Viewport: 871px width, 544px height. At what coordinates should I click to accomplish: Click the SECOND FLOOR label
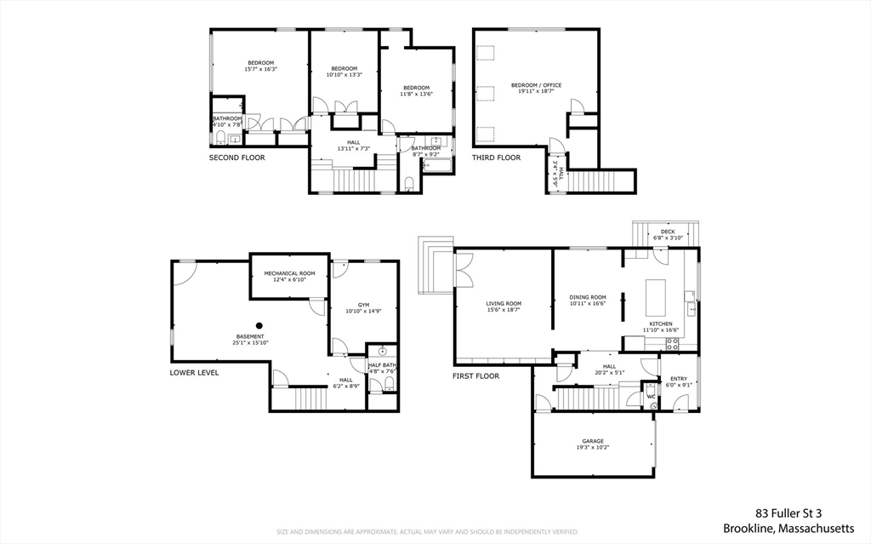[236, 157]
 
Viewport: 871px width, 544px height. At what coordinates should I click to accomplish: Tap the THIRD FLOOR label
[496, 157]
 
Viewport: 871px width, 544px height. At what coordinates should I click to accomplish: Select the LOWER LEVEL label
[194, 372]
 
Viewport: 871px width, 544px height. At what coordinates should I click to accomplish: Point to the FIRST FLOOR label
[475, 375]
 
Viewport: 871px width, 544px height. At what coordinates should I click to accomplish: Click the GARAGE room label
[593, 441]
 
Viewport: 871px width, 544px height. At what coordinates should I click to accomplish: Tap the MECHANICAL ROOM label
[289, 273]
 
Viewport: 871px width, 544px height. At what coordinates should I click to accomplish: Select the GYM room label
[363, 305]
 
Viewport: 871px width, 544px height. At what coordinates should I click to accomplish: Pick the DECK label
[668, 232]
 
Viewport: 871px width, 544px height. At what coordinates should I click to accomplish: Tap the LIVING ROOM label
[504, 303]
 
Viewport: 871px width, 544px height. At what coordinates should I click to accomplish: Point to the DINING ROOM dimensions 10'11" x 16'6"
[588, 303]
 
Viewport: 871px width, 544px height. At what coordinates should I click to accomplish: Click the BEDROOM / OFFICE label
[536, 85]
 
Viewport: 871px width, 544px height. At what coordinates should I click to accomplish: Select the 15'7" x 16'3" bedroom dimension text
[261, 69]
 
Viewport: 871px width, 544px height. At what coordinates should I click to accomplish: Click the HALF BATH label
[382, 364]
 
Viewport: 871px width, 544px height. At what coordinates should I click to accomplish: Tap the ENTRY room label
[678, 379]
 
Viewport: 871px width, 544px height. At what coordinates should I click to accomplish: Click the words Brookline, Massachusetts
[788, 528]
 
